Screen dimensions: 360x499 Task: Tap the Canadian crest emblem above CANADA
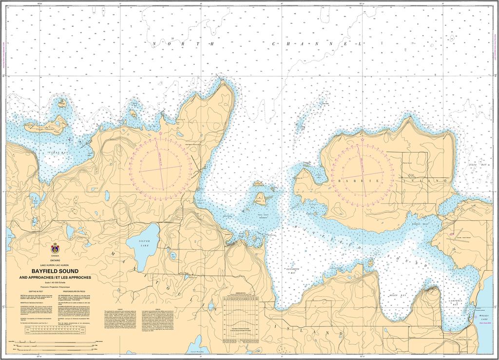(x=55, y=248)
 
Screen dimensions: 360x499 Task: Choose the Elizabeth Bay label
(x=292, y=268)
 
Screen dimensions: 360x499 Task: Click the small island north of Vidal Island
(x=62, y=103)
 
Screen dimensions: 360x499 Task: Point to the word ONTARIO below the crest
(x=55, y=261)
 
